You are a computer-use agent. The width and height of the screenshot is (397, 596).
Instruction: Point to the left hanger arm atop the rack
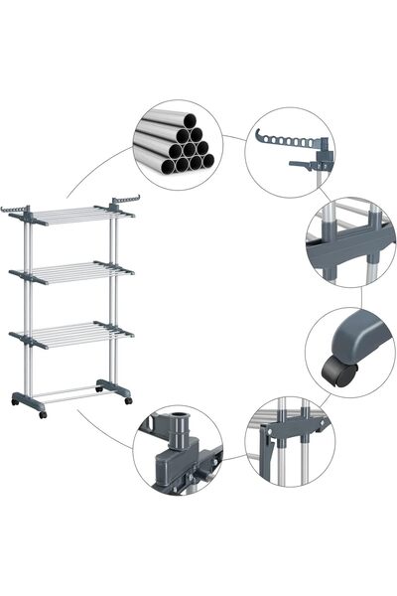pos(18,210)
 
